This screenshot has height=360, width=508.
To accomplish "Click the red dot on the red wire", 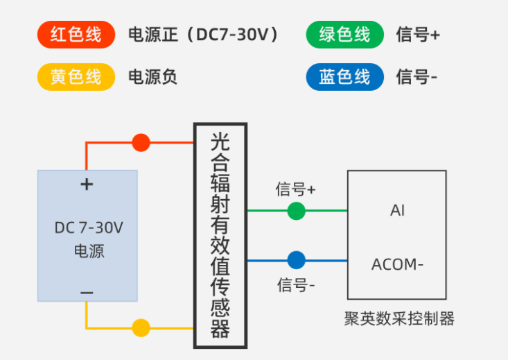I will point(141,143).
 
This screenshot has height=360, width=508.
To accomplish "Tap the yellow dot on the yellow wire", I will point(141,327).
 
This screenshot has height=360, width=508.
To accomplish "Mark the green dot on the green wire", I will point(296,210).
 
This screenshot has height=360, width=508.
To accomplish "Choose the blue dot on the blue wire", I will point(296,261).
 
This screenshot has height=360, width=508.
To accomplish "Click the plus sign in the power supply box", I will point(87,185).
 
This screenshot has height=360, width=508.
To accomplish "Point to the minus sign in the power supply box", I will point(87,293).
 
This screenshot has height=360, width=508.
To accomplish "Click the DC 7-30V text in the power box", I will point(88,228).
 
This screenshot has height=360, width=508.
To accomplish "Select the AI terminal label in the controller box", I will point(397,210).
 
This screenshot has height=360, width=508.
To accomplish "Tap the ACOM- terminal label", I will point(397,265).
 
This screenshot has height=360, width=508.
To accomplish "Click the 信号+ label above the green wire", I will point(296,189).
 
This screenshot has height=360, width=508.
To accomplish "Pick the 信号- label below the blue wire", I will point(296,284).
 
